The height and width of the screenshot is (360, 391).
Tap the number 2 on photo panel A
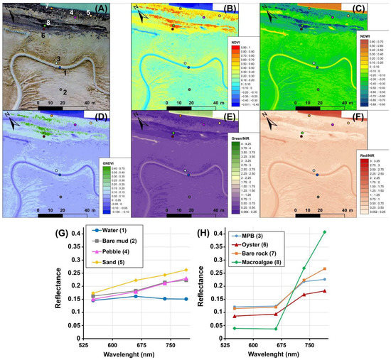65,92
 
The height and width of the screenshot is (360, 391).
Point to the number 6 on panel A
43,35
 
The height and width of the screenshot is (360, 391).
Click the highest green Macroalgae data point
324,232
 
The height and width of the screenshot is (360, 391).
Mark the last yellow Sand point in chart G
186,270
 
